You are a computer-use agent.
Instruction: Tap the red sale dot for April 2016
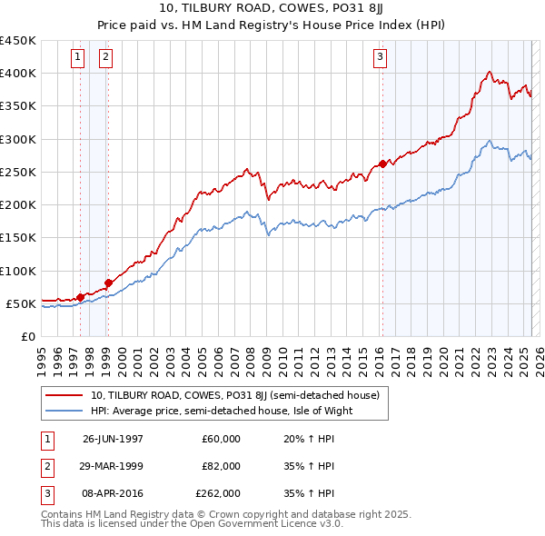(x=382, y=164)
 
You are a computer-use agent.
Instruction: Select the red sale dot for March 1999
(x=108, y=283)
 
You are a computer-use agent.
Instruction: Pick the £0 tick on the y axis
(x=27, y=336)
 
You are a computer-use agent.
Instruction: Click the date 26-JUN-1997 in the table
(x=113, y=439)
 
